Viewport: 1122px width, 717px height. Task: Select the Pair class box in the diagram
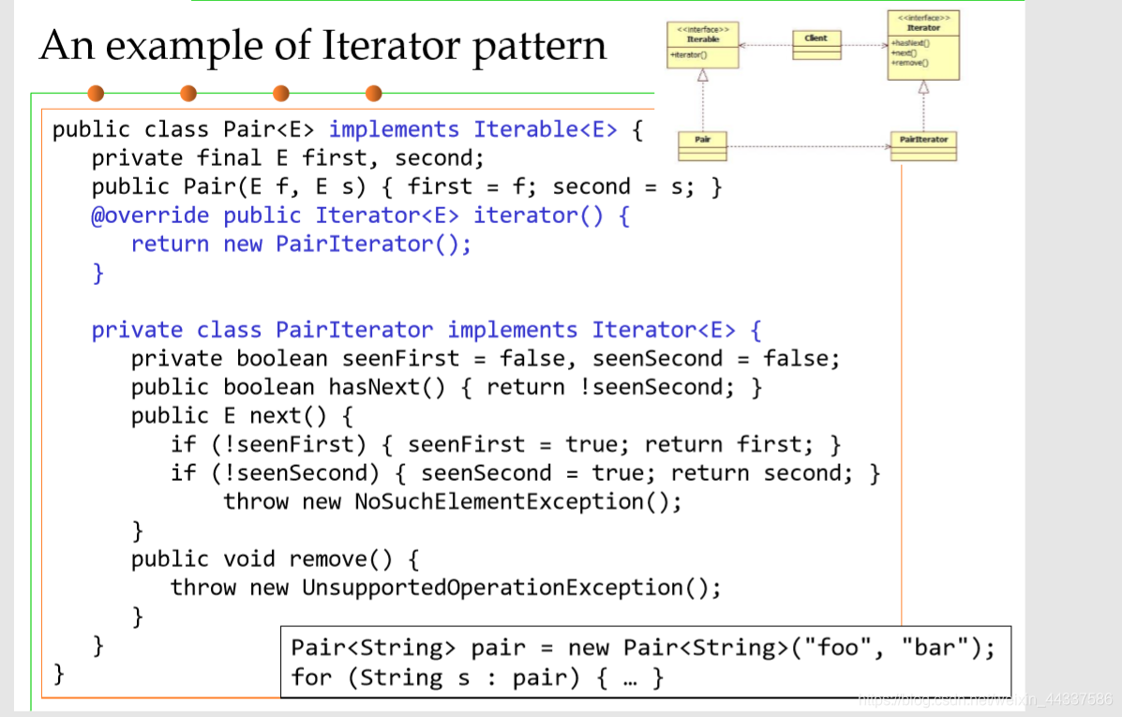coord(702,145)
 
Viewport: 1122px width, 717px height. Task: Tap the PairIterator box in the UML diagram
coord(923,145)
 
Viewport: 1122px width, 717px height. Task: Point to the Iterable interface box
coord(702,45)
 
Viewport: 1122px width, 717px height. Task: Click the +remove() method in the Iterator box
coord(909,62)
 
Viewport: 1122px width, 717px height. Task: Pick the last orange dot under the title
coord(374,93)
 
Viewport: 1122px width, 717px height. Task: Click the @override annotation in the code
coord(150,216)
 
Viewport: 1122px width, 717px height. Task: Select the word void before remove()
coord(249,560)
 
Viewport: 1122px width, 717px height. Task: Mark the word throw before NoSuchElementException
coord(256,501)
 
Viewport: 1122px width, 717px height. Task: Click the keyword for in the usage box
coord(311,677)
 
